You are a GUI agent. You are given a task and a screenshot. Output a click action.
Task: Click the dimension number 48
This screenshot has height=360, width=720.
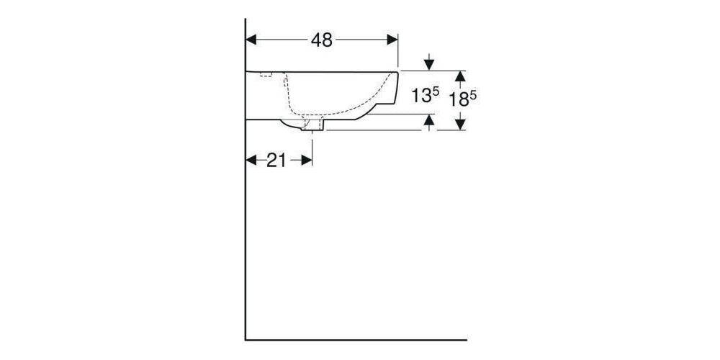322,40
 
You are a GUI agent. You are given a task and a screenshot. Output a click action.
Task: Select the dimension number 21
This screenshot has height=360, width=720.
276,161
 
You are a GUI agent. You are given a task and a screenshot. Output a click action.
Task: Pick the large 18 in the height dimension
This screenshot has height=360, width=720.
458,99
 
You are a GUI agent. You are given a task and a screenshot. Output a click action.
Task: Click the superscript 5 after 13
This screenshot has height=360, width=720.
436,91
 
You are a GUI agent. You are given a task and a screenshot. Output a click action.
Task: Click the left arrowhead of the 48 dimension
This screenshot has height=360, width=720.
252,40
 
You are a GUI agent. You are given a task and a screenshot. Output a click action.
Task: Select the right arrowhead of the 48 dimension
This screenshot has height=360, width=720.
392,40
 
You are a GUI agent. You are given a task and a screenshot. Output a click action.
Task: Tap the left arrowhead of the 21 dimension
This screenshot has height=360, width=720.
252,160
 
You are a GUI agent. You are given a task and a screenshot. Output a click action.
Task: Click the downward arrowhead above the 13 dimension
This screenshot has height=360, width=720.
430,65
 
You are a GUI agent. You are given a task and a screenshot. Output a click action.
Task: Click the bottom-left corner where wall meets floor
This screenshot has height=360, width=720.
246,338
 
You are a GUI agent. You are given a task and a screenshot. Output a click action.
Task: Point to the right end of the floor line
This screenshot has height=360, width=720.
466,338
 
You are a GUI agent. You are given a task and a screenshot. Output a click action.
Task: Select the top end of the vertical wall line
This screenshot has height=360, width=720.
246,20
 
